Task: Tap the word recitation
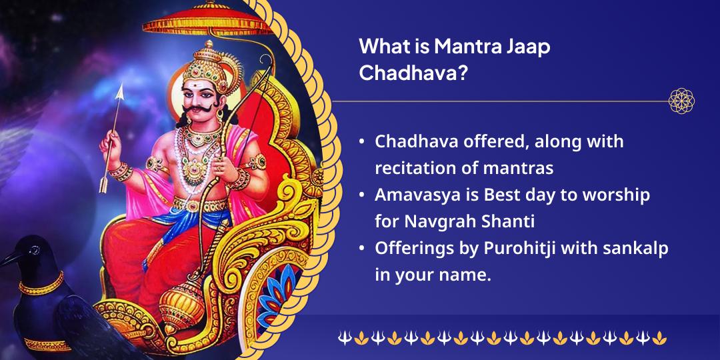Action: tap(419, 168)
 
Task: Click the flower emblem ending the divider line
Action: tap(681, 101)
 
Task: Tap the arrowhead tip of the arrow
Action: tap(122, 90)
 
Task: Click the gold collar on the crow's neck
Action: tap(41, 287)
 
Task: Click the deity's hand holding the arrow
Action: tap(108, 141)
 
